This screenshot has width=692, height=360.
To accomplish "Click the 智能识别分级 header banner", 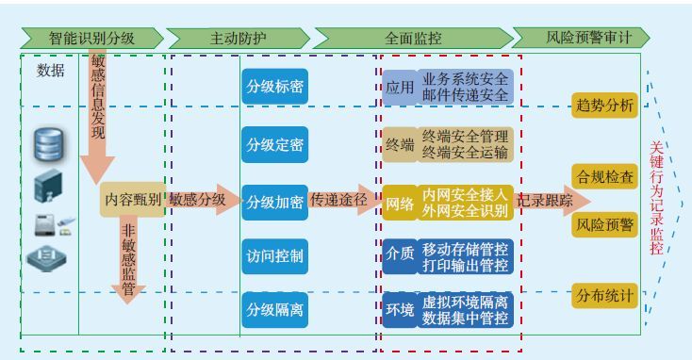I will [91, 39].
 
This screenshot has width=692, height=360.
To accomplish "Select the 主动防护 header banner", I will [238, 39].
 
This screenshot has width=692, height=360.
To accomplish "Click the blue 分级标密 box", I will [274, 87].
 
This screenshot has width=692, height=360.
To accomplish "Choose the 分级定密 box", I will [274, 145].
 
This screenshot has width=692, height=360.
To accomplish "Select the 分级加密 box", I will [274, 202].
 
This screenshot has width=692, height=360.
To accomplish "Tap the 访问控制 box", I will [274, 255].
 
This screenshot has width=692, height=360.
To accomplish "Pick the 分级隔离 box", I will [274, 309].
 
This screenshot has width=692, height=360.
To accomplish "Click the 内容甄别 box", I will [132, 200].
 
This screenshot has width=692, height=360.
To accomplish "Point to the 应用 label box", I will [400, 88].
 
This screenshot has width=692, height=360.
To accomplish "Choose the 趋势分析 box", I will [604, 105].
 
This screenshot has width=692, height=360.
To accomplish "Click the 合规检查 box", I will [604, 176].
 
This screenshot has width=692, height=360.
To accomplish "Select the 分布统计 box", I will [604, 294].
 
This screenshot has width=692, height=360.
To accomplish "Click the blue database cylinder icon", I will [48, 144].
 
